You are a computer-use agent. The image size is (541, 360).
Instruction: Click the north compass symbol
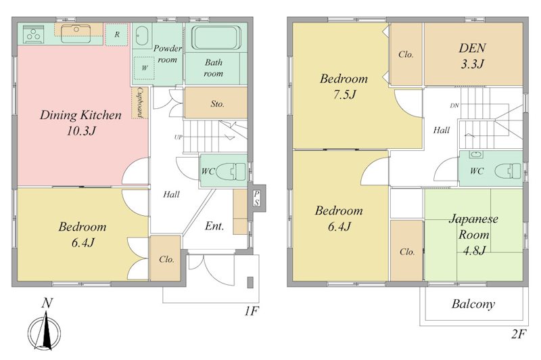click(45, 331)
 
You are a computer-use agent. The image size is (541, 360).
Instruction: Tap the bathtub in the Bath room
click(216, 37)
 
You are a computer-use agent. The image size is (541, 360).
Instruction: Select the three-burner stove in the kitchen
click(34, 35)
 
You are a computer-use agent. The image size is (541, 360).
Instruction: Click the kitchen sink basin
click(76, 34)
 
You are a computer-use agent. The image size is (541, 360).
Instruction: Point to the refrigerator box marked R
click(117, 35)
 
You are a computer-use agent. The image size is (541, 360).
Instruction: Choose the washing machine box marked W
click(144, 68)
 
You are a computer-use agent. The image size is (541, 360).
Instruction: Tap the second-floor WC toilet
click(508, 171)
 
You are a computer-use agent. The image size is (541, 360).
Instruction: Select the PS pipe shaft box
click(257, 198)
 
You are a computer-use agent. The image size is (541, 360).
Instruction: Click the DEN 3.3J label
click(472, 55)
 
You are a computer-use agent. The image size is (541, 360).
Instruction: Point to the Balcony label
click(473, 304)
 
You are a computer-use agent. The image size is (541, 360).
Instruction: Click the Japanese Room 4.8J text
click(473, 235)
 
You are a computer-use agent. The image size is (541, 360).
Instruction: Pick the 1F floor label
click(252, 311)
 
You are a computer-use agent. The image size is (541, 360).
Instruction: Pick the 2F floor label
click(519, 334)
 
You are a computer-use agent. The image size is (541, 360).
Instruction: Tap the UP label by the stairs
click(178, 137)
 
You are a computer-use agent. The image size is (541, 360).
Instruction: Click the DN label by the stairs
click(454, 106)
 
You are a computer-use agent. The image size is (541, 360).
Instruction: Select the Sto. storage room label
click(217, 104)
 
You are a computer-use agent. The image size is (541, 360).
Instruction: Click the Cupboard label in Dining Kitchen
click(140, 102)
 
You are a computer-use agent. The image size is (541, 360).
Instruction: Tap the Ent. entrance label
click(214, 226)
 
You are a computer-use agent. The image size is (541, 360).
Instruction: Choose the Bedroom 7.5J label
click(344, 87)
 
